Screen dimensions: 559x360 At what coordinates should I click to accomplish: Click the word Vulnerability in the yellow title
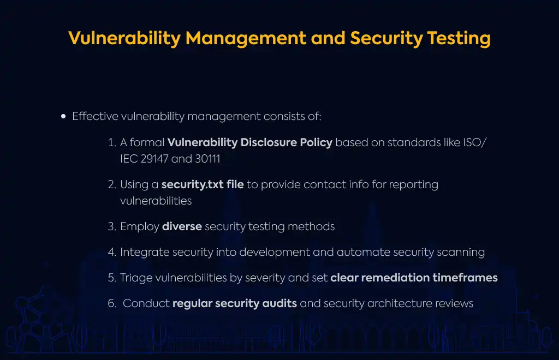[124, 39]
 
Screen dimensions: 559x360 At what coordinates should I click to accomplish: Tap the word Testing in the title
[459, 39]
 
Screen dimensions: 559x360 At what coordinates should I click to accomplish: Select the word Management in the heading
[246, 39]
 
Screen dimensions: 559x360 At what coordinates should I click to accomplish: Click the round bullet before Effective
[63, 116]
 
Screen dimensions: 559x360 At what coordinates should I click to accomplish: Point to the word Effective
[95, 116]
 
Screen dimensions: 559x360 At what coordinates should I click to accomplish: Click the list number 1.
[111, 142]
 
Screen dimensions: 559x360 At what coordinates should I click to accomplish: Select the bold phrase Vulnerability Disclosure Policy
[249, 142]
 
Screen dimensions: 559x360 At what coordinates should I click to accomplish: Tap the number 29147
[154, 159]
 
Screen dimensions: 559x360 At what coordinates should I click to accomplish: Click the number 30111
[207, 159]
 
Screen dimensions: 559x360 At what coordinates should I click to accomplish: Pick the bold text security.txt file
[203, 184]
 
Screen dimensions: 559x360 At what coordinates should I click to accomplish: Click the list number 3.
[112, 226]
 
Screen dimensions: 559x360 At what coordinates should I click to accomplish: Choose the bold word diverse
[182, 226]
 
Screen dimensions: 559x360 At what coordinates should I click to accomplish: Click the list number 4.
[112, 252]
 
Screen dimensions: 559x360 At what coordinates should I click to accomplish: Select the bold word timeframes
[465, 278]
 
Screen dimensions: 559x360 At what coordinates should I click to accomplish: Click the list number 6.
[112, 303]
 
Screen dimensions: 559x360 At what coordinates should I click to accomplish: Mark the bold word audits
[279, 303]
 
